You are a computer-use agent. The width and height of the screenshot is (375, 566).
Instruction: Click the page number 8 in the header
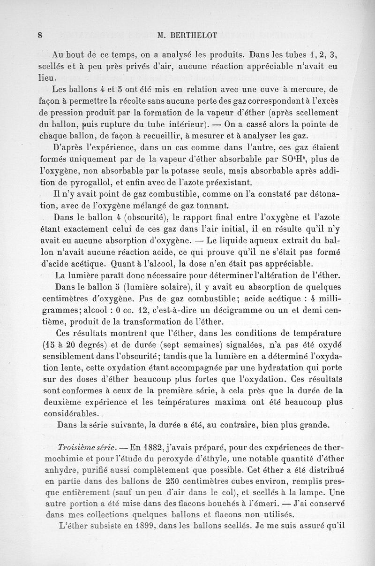(x=41, y=34)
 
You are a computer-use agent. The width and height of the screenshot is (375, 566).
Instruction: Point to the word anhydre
(x=55, y=472)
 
